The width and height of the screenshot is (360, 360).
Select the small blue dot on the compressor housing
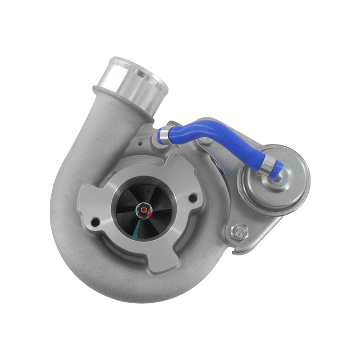click(x=141, y=145)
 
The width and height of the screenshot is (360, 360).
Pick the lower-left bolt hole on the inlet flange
click(x=95, y=221)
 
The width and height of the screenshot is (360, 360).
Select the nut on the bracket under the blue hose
click(x=205, y=142)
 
